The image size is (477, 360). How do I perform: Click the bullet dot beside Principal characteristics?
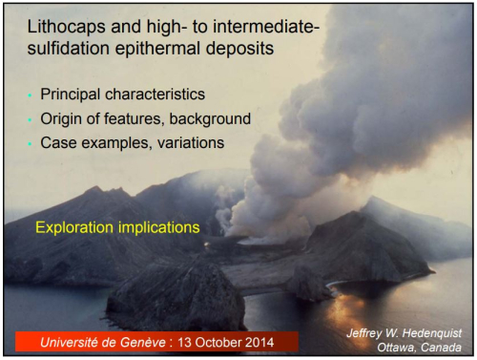(31, 96)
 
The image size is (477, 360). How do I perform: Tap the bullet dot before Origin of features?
(31, 119)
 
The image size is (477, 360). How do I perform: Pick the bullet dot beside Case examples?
(31, 142)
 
